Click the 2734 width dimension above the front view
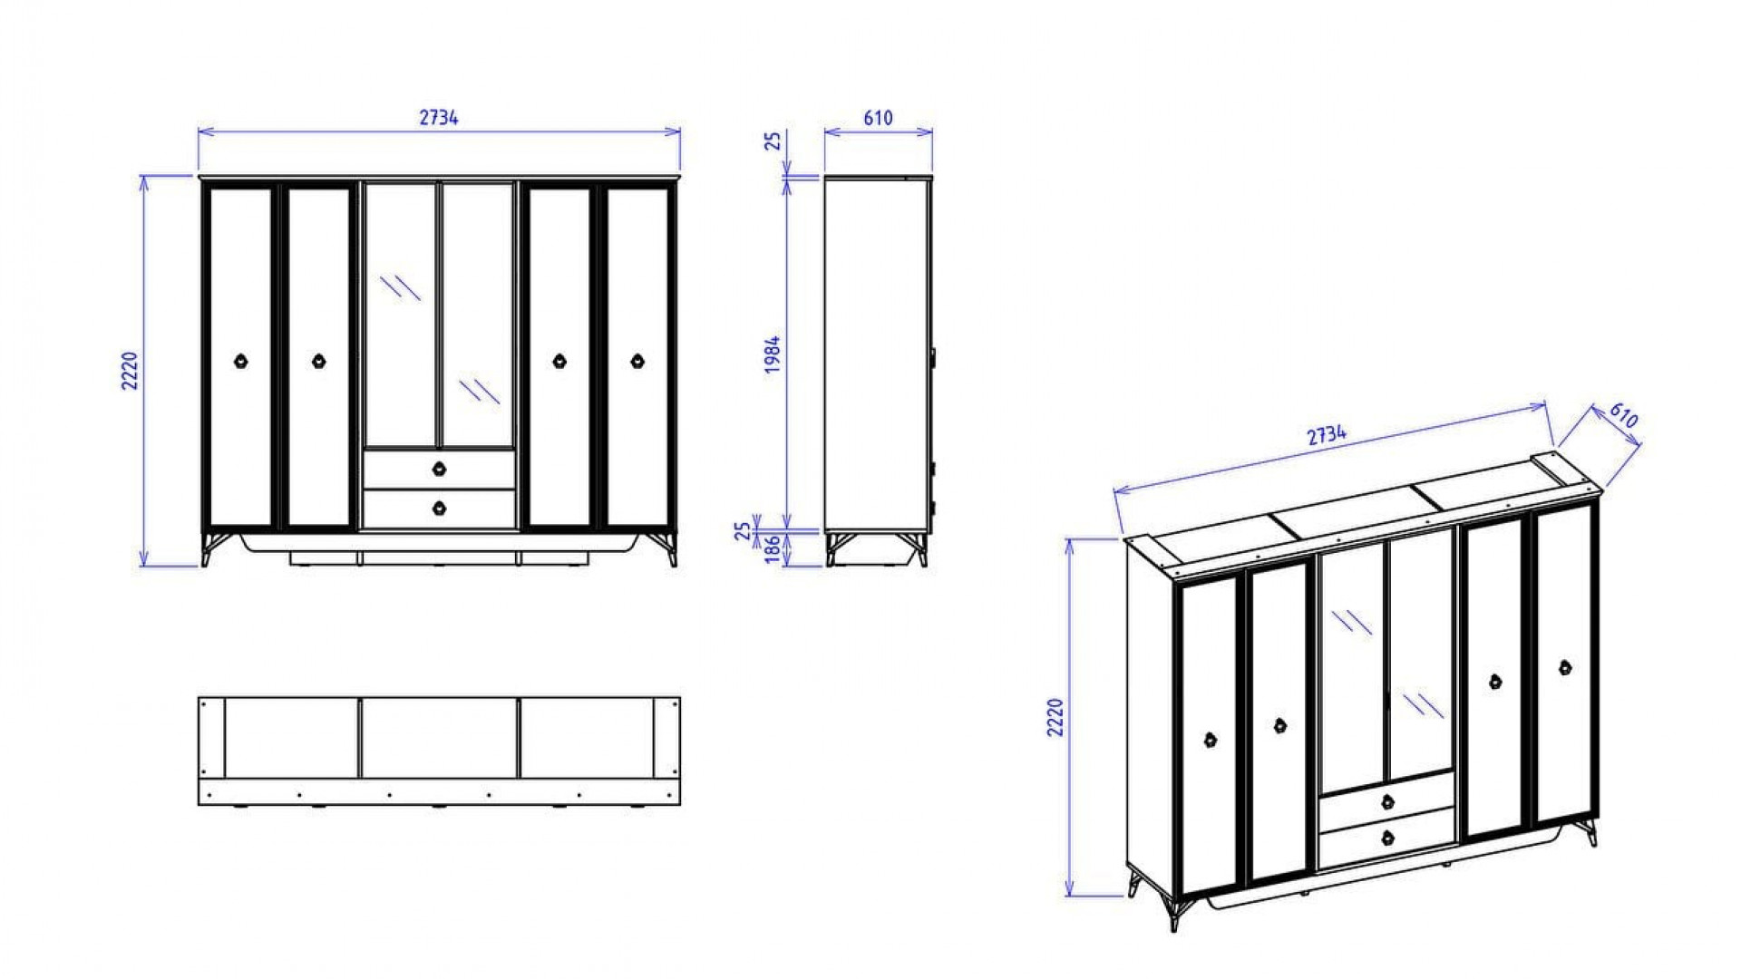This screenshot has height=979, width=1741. tap(439, 118)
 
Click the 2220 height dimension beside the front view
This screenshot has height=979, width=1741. tap(131, 370)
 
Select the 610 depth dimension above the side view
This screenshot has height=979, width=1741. tap(878, 118)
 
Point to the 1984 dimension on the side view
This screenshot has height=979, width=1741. tap(773, 354)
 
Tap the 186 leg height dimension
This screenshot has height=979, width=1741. tap(773, 549)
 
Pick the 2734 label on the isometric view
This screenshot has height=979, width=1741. tap(1327, 435)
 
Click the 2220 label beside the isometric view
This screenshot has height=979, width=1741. tap(1055, 717)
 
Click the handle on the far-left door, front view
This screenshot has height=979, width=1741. tap(241, 361)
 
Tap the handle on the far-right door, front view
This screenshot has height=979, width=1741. tap(637, 361)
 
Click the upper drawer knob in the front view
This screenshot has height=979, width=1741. tap(440, 469)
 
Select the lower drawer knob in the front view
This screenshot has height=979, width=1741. tap(440, 508)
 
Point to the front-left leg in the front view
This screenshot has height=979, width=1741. tap(208, 548)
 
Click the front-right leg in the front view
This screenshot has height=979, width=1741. tap(670, 548)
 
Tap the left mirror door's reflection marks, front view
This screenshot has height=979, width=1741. tap(400, 286)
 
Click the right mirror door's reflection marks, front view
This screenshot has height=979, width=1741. tap(479, 391)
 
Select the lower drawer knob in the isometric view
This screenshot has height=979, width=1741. tap(1386, 838)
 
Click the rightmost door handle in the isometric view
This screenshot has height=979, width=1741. tap(1565, 668)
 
